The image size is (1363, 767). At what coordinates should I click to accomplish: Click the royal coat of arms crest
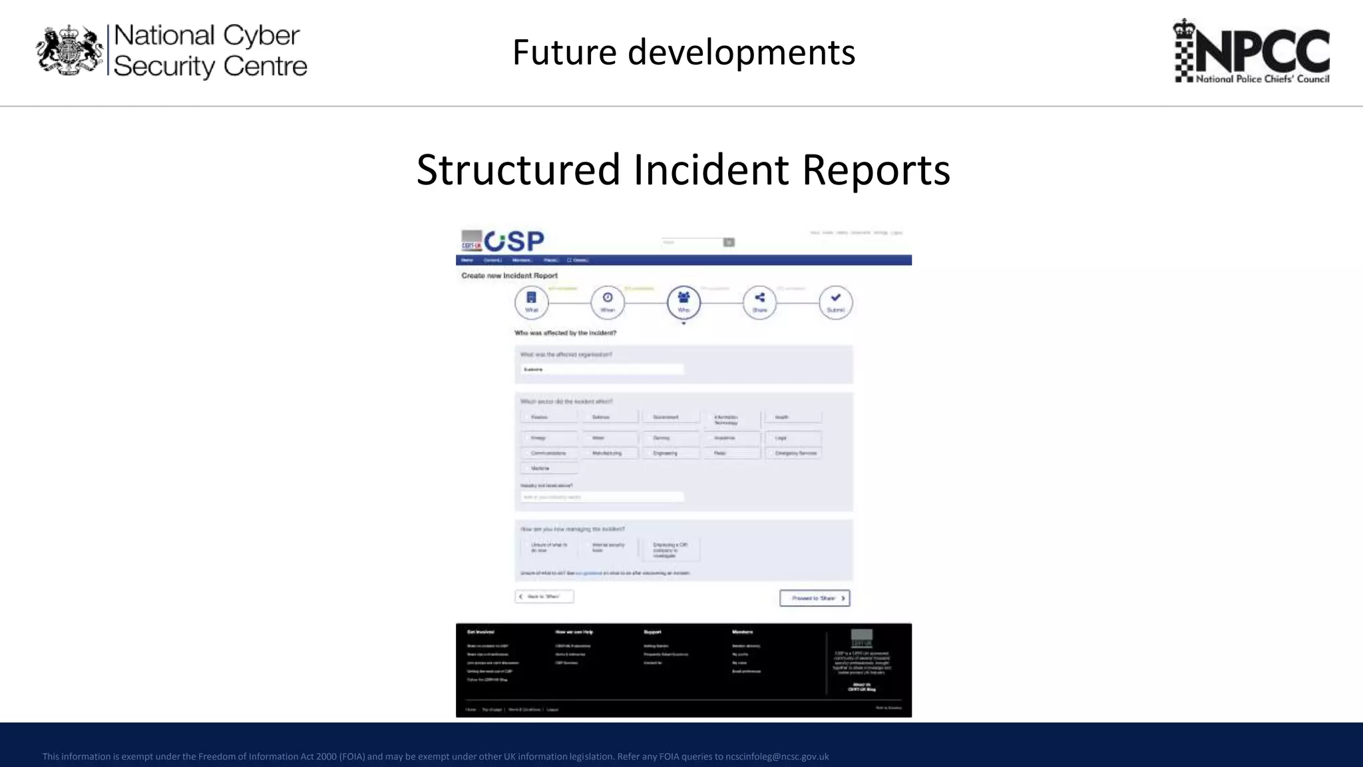point(69,50)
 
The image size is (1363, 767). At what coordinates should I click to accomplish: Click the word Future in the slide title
point(564,52)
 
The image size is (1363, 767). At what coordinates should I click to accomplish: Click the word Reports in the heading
point(876,169)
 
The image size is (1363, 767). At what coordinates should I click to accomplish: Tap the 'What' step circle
point(531,302)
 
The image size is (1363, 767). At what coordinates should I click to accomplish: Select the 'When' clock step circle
point(608,302)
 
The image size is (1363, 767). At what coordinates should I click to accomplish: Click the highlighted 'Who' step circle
point(683,302)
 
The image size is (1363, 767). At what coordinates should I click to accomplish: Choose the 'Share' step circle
point(759,302)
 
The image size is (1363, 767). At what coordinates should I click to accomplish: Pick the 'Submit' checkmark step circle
point(835,302)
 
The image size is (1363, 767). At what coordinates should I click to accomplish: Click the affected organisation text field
point(602,369)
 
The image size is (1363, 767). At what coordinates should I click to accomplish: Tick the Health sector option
point(793,417)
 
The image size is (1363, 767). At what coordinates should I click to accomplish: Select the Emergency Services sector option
point(793,453)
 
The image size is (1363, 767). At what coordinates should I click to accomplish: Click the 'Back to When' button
point(544,597)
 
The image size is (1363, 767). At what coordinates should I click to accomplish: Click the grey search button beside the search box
point(729,242)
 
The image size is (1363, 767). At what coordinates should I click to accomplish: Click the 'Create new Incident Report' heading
point(510,276)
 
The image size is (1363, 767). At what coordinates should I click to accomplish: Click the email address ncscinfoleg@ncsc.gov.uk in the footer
point(777,756)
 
